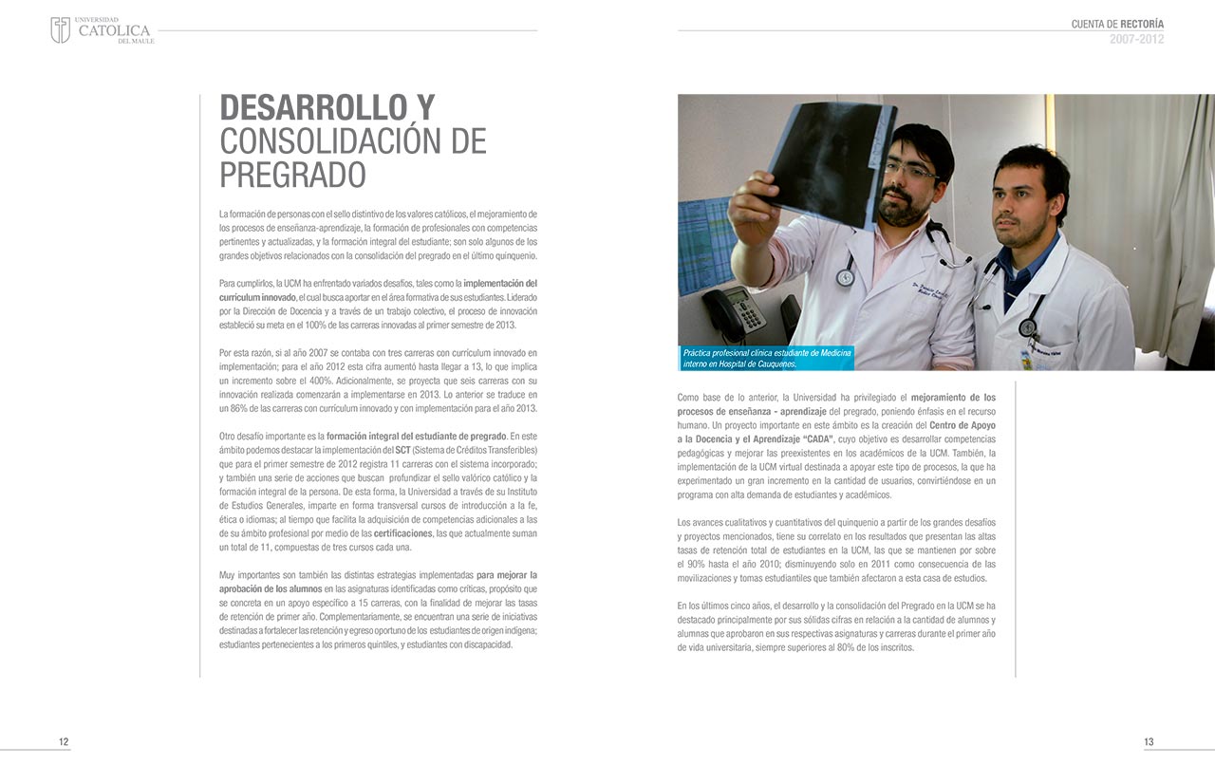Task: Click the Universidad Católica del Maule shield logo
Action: click(x=60, y=29)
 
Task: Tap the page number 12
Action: click(x=64, y=741)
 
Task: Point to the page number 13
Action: click(x=1149, y=741)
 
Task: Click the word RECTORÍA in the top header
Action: click(x=1142, y=24)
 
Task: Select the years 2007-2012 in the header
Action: click(x=1136, y=39)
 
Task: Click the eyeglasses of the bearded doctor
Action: click(x=909, y=171)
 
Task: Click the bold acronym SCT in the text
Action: click(x=402, y=449)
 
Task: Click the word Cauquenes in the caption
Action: click(x=771, y=364)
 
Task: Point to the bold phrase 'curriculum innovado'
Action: click(x=256, y=297)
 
